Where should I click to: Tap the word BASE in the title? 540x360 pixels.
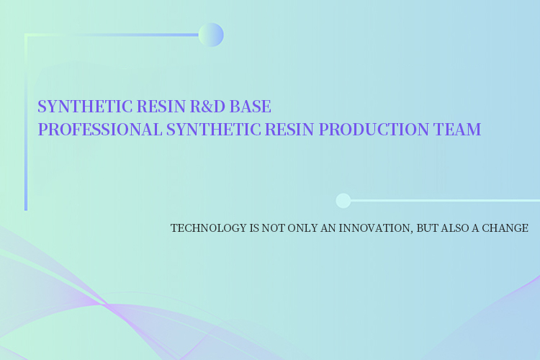point(251,106)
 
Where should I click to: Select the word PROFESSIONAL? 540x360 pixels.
point(100,130)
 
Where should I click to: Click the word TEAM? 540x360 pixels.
point(457,130)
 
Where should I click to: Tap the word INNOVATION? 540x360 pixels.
point(374,228)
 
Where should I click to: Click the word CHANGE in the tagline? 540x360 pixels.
point(505,228)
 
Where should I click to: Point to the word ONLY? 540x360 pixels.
point(302,228)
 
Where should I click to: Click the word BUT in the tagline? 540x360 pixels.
point(427,228)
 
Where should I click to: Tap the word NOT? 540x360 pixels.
point(273,228)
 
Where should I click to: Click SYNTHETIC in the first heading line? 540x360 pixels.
point(85,106)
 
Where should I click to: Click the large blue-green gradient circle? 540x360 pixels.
point(211,35)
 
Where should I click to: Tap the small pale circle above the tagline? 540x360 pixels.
point(343,200)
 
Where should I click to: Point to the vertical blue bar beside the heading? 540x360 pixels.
point(26,122)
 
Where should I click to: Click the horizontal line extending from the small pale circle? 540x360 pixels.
point(445,200)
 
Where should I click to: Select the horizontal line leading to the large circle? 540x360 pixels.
point(112,35)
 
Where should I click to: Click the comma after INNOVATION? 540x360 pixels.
point(412,232)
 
